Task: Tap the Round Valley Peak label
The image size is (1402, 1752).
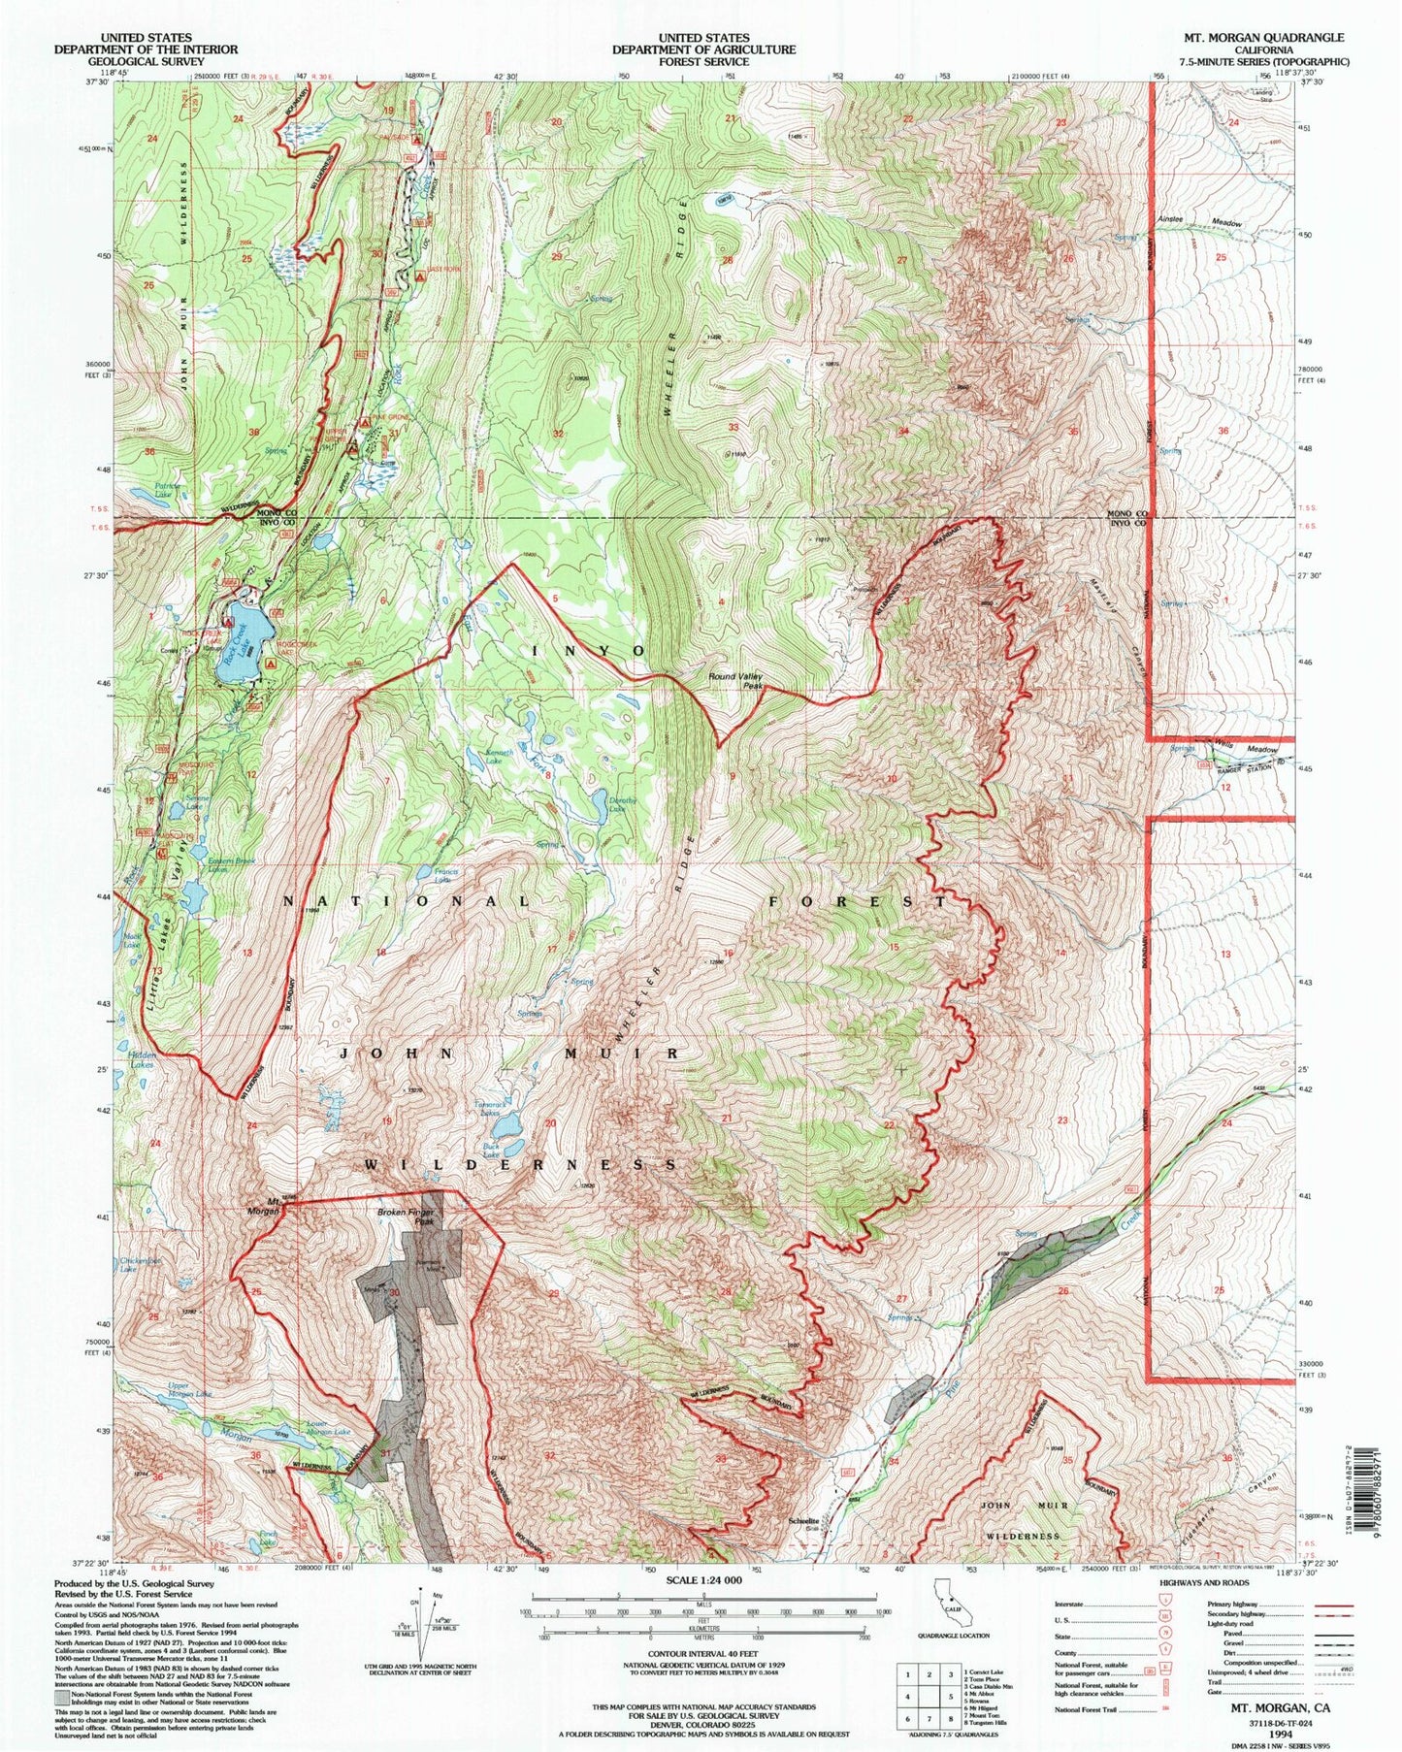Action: pyautogui.click(x=736, y=681)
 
